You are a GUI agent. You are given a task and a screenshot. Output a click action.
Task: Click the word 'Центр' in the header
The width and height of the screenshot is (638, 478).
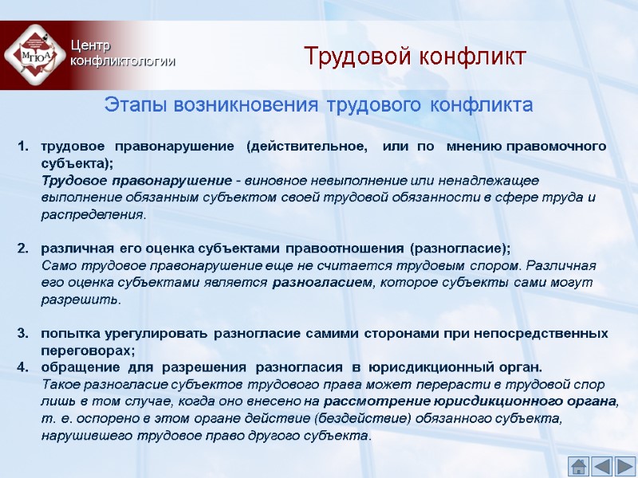(86, 45)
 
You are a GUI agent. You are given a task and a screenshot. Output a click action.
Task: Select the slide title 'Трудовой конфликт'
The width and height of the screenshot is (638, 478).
(415, 57)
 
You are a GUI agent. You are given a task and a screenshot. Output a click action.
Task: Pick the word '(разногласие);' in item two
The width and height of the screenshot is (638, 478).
(459, 248)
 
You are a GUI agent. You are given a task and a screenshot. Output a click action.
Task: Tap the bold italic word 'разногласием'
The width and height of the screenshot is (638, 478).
(322, 282)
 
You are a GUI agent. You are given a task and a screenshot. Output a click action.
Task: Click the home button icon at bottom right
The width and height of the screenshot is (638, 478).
(579, 467)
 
